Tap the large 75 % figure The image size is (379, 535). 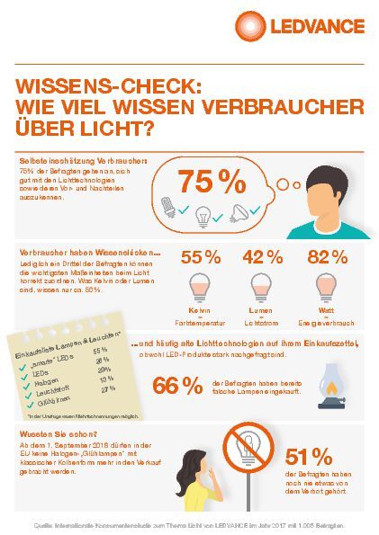tap(212, 182)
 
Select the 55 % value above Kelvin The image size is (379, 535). tap(201, 257)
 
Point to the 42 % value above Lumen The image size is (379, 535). tap(264, 257)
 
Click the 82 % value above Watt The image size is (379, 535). tap(327, 257)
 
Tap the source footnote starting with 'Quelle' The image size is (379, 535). tap(189, 523)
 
